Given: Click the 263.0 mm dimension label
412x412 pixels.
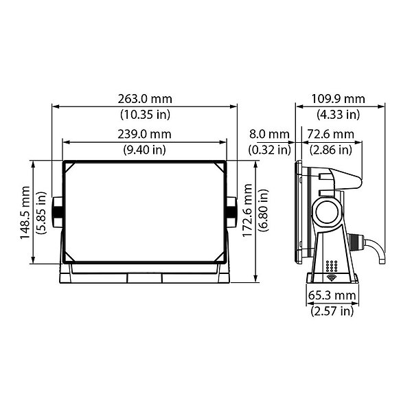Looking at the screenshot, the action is [x=145, y=99].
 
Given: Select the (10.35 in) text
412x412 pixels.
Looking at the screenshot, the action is [x=146, y=114].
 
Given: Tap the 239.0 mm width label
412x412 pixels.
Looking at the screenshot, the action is [x=144, y=135].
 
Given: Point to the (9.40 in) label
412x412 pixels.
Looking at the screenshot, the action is [x=144, y=150].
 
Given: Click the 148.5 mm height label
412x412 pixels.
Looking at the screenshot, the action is [x=25, y=212].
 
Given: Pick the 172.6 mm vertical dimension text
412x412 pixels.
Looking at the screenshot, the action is [x=247, y=211].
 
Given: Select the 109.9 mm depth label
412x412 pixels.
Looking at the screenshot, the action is [x=338, y=99].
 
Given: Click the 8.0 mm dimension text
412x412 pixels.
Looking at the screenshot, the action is [x=269, y=135].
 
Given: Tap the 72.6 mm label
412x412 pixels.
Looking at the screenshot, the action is [x=331, y=135].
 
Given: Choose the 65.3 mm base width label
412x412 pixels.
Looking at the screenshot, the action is [x=332, y=295].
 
